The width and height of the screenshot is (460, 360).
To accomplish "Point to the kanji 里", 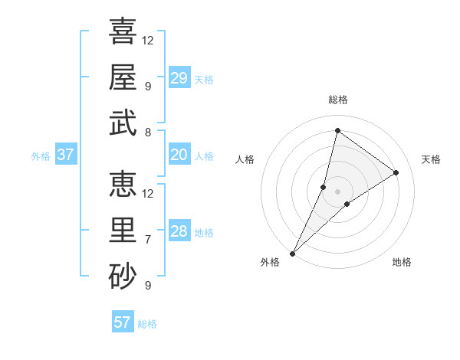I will (x=123, y=229).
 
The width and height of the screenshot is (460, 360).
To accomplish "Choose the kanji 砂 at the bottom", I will (x=123, y=275).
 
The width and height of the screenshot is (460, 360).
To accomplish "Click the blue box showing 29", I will (x=179, y=78).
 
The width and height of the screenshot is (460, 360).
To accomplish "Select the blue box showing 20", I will (x=179, y=155).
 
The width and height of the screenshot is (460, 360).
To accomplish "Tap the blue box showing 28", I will (x=179, y=232).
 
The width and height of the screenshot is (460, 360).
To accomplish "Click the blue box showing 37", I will (x=65, y=155).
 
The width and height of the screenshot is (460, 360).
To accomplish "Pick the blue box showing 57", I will (x=123, y=322).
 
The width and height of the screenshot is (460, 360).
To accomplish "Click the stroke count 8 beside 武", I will (x=147, y=133).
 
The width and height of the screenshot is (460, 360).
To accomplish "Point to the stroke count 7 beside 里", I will (x=147, y=239).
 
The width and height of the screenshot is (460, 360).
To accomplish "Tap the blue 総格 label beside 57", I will (x=147, y=324).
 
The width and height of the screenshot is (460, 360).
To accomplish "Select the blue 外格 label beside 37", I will (x=41, y=156).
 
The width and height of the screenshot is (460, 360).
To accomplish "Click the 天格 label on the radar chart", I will (x=431, y=159).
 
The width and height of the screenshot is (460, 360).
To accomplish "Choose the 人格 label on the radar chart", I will (x=245, y=159).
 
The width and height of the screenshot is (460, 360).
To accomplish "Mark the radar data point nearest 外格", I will (x=292, y=254).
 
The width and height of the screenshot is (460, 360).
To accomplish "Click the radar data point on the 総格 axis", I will (x=337, y=130).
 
